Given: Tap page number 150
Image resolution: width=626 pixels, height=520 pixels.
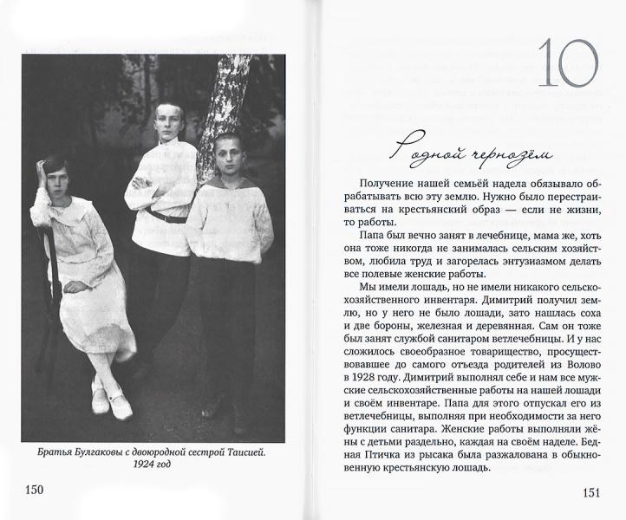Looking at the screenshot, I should (34, 491).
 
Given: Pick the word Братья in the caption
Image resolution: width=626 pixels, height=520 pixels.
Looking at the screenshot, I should (55, 452).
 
